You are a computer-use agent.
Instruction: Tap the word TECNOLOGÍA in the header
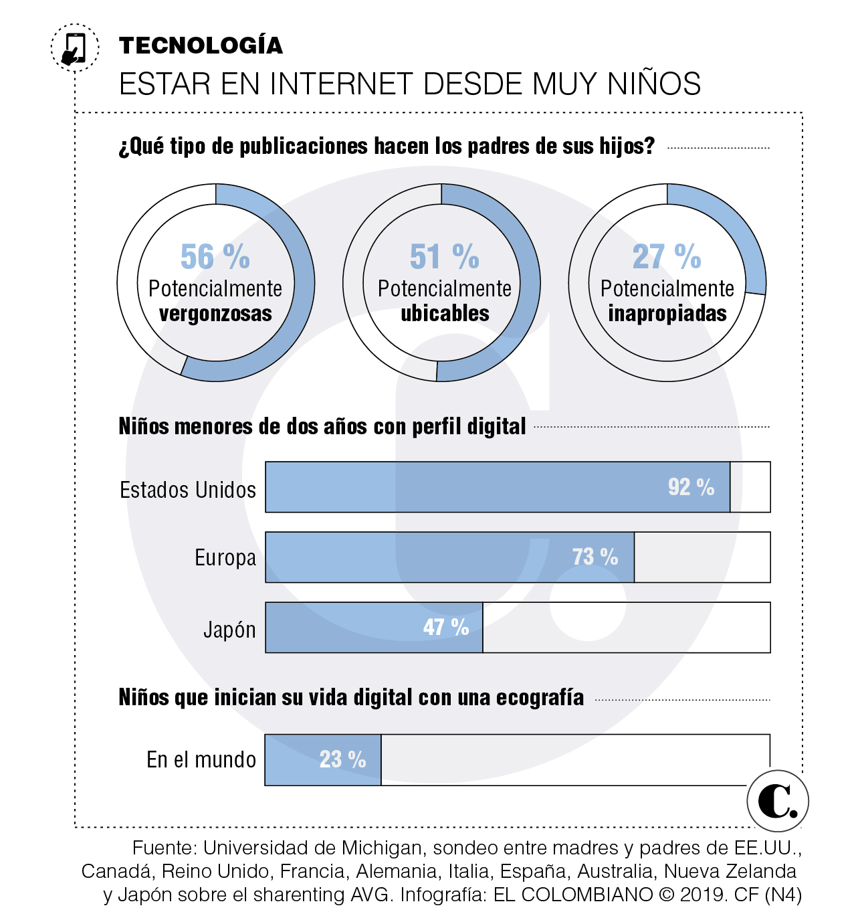[201, 45]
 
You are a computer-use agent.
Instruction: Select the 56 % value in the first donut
[215, 257]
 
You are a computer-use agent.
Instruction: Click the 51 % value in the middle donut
[445, 257]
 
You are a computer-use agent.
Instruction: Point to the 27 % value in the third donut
[667, 257]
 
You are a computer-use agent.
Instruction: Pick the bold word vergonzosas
[215, 314]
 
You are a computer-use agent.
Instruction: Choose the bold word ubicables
[445, 314]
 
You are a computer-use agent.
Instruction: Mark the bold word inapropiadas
[667, 314]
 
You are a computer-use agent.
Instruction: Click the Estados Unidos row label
[188, 490]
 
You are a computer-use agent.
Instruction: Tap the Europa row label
[225, 557]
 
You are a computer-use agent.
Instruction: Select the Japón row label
[229, 630]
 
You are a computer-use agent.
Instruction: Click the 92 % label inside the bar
[691, 487]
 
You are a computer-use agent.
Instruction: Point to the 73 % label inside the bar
[595, 557]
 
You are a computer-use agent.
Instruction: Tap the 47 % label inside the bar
[445, 627]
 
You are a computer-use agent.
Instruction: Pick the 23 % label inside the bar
[342, 759]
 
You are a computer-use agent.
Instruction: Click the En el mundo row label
[201, 760]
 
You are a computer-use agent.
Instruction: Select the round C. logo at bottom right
[777, 801]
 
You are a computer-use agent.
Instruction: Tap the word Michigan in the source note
[382, 848]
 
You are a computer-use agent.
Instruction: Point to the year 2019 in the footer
[703, 895]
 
